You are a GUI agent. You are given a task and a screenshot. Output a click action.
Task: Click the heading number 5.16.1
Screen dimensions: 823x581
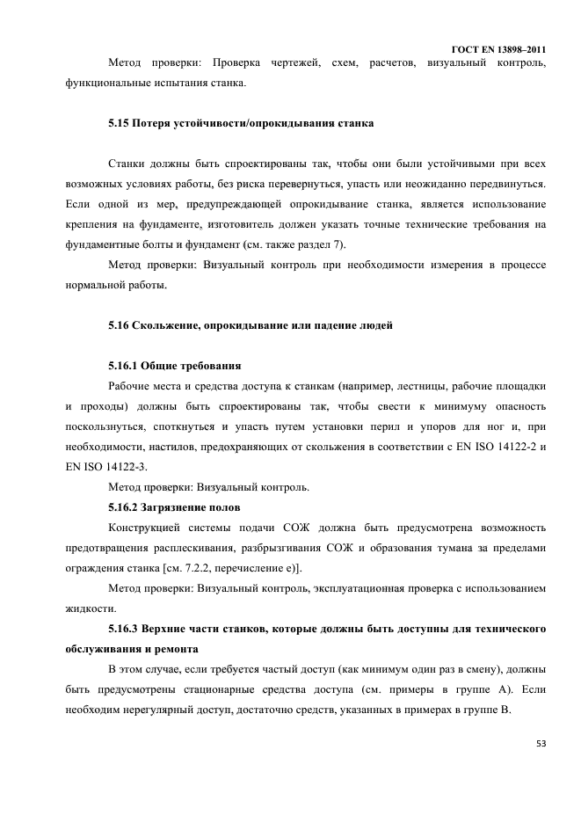125,365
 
